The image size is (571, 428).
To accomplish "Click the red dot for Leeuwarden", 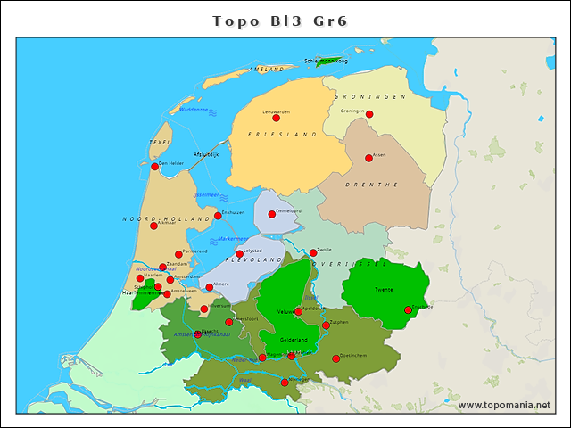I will click(276, 118).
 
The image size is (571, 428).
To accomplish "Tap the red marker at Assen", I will click(369, 159).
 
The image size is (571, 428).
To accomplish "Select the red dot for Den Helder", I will click(154, 167).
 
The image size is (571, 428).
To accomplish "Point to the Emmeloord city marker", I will click(272, 214).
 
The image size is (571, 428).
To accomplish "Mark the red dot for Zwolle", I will click(313, 252).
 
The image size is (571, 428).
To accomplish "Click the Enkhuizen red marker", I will click(218, 216).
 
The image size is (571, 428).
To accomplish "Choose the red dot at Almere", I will click(210, 287).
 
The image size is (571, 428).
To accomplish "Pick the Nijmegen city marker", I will click(285, 383).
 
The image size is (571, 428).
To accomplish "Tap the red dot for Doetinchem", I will click(336, 359).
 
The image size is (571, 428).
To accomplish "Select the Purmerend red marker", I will click(178, 254).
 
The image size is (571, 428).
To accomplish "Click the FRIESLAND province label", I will click(282, 135).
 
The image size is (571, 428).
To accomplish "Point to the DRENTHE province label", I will click(377, 185).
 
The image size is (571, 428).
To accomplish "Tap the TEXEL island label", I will click(161, 142).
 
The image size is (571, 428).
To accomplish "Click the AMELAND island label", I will click(268, 69).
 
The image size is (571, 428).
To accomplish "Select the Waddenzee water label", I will click(193, 110).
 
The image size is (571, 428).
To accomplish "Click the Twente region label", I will click(384, 291).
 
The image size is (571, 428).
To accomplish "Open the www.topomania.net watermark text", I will click(504, 406).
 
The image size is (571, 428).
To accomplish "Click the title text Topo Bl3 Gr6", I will click(285, 21).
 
